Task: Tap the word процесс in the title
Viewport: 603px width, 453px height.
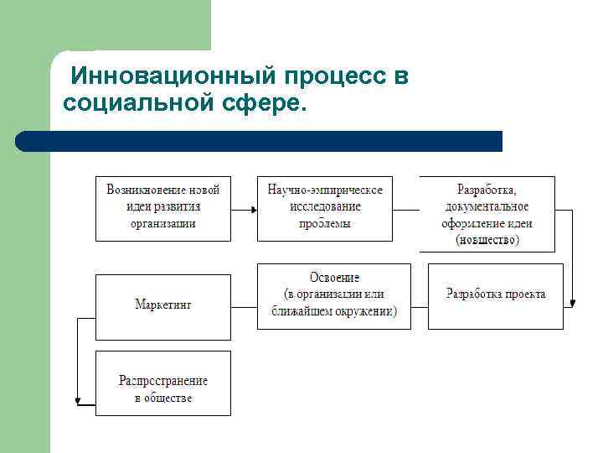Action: coord(336,77)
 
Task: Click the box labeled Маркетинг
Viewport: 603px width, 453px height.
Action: coord(162,305)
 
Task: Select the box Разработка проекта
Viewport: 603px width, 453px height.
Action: coord(495,296)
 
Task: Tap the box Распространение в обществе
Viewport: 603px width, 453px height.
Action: coord(162,383)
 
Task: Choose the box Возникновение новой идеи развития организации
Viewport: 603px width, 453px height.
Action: coord(162,208)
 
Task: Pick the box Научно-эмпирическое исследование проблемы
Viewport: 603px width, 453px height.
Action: coord(325,208)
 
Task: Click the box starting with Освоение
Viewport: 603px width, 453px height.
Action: coord(333,295)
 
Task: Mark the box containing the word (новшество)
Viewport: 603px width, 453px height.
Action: coord(487,214)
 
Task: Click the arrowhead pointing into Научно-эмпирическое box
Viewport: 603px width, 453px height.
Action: coord(252,209)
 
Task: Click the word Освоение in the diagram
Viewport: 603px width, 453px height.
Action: coord(334,278)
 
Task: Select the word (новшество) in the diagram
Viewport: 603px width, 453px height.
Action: coord(487,240)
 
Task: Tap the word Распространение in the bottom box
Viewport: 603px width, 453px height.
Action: coord(162,381)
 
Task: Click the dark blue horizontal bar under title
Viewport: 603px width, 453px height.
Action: coord(260,141)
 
